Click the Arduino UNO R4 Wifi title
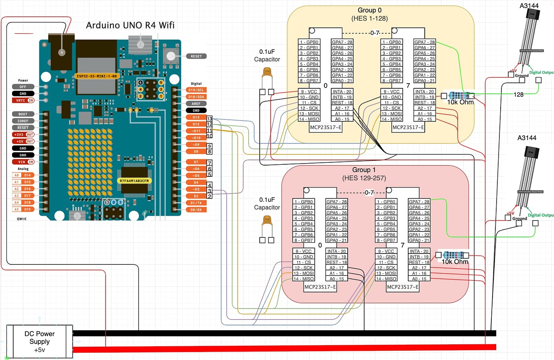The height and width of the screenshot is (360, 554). click(x=130, y=25)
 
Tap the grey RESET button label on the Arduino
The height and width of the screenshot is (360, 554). click(x=196, y=56)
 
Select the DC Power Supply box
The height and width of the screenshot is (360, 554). click(x=39, y=342)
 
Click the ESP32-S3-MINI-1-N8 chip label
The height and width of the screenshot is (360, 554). click(x=97, y=76)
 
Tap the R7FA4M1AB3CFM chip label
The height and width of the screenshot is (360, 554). click(x=134, y=181)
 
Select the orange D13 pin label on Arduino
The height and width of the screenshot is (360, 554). click(x=196, y=117)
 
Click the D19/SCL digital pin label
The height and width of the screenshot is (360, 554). click(x=196, y=90)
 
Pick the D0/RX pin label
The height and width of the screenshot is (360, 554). click(x=196, y=210)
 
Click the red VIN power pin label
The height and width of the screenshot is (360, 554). click(x=23, y=162)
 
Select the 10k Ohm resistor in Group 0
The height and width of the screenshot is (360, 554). click(x=457, y=96)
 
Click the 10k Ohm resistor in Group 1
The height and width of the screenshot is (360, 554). click(x=452, y=255)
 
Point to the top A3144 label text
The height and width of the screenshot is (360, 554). click(x=529, y=6)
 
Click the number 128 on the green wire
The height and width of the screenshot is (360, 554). click(x=519, y=94)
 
